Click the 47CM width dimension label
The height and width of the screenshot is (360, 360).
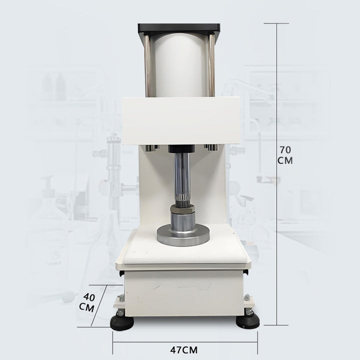click(x=183, y=350)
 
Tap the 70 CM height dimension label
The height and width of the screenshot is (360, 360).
click(x=285, y=155)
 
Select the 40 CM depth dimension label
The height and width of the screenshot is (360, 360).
click(x=87, y=302)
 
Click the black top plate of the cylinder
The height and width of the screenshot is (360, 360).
click(x=179, y=29)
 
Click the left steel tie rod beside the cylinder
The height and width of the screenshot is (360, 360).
click(x=147, y=65)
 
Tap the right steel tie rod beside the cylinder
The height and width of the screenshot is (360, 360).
click(x=211, y=65)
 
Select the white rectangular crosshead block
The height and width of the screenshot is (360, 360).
click(x=181, y=121)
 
